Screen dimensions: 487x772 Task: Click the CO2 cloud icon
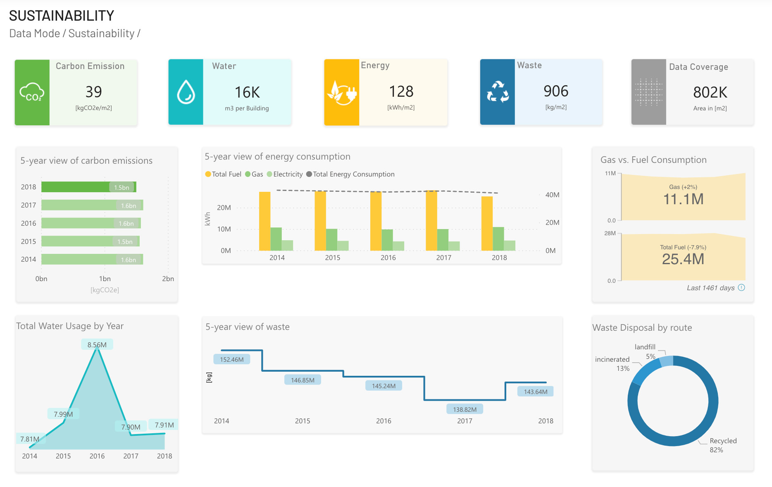32,92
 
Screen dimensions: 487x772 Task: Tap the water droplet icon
186,92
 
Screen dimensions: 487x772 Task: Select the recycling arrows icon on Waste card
498,92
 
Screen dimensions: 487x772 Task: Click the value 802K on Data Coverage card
710,92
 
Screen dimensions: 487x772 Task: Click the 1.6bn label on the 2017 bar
129,205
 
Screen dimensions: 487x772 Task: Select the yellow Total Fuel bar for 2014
264,221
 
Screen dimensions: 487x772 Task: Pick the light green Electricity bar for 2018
510,246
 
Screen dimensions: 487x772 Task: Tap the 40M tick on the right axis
552,195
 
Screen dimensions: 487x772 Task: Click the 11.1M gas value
683,199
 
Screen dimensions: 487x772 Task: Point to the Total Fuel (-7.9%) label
683,247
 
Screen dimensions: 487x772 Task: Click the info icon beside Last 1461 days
741,288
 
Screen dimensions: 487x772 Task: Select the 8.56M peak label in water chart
97,345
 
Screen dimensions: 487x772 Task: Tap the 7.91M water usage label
164,425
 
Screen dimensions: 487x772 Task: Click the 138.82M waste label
465,409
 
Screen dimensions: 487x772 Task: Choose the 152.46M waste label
232,360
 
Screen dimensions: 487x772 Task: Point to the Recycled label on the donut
723,441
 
